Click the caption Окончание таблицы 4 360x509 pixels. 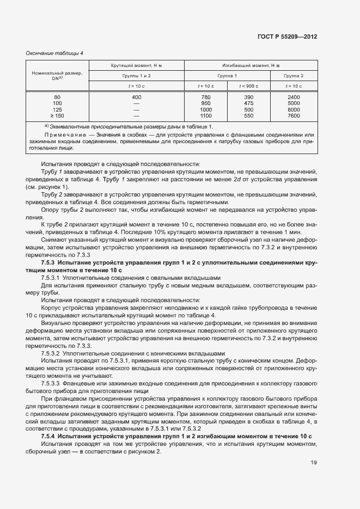tap(54, 53)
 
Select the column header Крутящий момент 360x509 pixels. tap(137, 65)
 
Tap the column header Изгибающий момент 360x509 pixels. tap(252, 65)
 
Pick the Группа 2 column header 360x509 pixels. tap(294, 76)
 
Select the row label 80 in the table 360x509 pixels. tap(57, 97)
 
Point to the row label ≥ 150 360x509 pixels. tap(57, 115)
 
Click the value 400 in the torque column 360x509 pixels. tap(136, 97)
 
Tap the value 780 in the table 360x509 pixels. tap(205, 97)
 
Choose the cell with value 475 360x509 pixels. tap(248, 103)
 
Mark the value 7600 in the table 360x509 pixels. tap(294, 115)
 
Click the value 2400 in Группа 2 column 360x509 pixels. tap(294, 97)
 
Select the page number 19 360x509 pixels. tap(314, 463)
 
